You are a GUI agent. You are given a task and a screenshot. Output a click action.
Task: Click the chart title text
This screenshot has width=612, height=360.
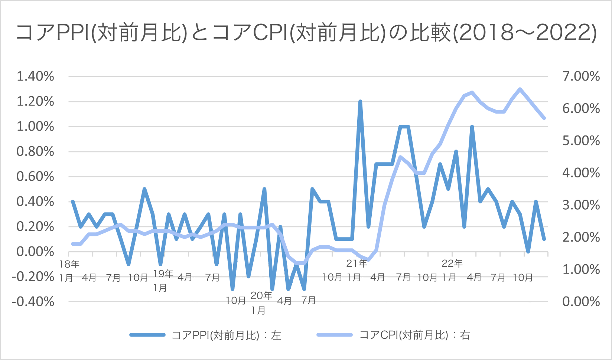click(x=306, y=33)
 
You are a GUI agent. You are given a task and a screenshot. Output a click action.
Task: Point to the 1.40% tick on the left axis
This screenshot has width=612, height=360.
click(x=35, y=76)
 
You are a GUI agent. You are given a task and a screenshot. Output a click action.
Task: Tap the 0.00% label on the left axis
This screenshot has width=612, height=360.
click(x=35, y=252)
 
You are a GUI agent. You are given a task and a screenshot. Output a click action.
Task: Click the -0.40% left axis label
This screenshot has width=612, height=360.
click(x=33, y=301)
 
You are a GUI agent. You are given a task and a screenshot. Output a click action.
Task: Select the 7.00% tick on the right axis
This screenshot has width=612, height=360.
click(x=581, y=76)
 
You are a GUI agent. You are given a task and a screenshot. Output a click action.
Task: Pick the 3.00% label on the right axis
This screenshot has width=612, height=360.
click(x=581, y=205)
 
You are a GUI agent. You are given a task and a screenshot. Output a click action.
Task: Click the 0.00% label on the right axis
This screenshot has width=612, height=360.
click(x=581, y=301)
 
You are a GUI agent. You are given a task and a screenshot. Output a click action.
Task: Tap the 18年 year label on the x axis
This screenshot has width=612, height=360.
click(x=69, y=264)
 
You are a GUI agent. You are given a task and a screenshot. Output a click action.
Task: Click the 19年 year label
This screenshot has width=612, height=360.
click(x=163, y=274)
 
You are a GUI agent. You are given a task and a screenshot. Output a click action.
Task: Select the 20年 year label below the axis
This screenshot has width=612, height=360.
click(x=261, y=296)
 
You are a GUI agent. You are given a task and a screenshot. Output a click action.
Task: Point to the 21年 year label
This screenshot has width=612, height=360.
click(x=357, y=264)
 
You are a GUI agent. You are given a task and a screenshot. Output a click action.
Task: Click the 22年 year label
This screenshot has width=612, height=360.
click(x=452, y=264)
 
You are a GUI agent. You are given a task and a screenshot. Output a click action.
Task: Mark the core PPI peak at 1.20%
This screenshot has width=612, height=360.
click(x=360, y=101)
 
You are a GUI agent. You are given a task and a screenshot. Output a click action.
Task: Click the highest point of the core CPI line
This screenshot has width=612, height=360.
click(x=520, y=89)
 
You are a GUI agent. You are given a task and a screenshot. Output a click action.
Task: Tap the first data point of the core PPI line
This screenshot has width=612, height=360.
click(x=73, y=202)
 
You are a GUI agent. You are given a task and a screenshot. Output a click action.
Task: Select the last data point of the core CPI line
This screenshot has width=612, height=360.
click(x=544, y=118)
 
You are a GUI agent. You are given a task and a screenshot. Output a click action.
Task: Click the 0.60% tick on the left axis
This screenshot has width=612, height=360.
click(x=35, y=177)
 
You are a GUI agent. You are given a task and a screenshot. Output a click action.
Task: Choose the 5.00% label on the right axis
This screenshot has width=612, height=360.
click(x=581, y=141)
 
